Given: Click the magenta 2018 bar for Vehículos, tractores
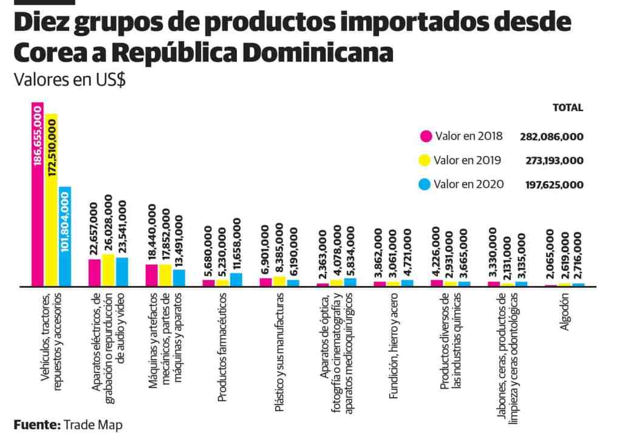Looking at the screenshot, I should pos(38,194).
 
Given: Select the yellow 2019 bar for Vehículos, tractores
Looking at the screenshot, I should pos(51,200).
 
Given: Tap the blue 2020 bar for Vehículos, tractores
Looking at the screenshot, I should pos(64,237).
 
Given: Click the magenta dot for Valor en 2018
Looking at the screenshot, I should pos(425,136).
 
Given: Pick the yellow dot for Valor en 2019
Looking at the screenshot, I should pos(425,161).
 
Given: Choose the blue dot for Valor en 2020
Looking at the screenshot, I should pos(425,184).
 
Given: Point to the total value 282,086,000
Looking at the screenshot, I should pos(552,137).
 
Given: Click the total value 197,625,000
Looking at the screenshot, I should pos(554,185).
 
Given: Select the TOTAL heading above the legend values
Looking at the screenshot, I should pos(567,108).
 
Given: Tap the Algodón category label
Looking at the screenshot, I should pos(565,312).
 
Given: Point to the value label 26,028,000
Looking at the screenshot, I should pos(109,223).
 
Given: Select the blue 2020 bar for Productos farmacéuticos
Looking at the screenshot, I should pos(236,279).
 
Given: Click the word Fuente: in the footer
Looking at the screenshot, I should pos(36,424).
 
